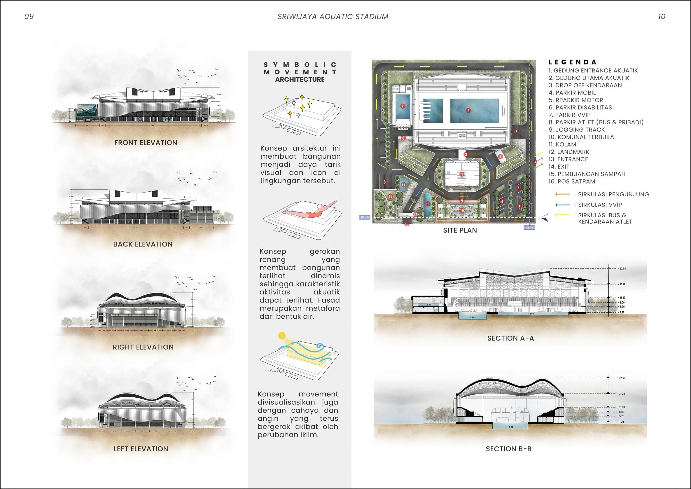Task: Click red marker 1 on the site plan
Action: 462,174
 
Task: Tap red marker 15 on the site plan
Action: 515,132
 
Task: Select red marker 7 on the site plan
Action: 500,157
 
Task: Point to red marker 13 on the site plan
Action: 407,224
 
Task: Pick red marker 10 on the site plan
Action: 462,210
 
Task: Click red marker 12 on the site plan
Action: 390,196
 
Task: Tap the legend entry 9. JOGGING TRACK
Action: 576,130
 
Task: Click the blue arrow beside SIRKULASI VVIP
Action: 563,205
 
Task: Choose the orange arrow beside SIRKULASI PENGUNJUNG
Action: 563,195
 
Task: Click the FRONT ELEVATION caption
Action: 146,143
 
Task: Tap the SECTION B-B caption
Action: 509,449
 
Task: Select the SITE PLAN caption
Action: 460,230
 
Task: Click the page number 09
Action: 29,17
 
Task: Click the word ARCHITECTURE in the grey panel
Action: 300,79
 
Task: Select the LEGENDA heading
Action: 572,62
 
